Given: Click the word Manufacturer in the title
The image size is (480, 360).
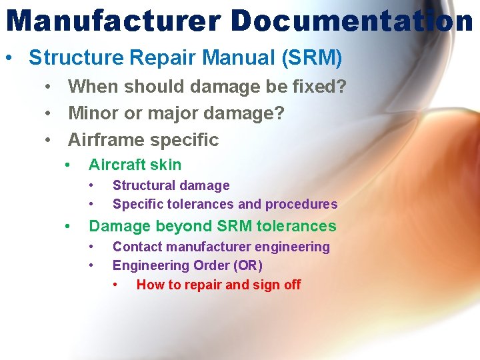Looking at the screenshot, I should click(x=113, y=21).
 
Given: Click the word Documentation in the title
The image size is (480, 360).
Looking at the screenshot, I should click(x=352, y=21).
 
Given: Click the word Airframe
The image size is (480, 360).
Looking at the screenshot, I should click(x=107, y=140).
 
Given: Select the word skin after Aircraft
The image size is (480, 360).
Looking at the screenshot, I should click(x=166, y=165).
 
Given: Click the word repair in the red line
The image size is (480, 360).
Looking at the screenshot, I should click(x=201, y=285).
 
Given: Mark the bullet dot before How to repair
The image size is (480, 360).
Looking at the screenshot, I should click(x=116, y=285).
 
